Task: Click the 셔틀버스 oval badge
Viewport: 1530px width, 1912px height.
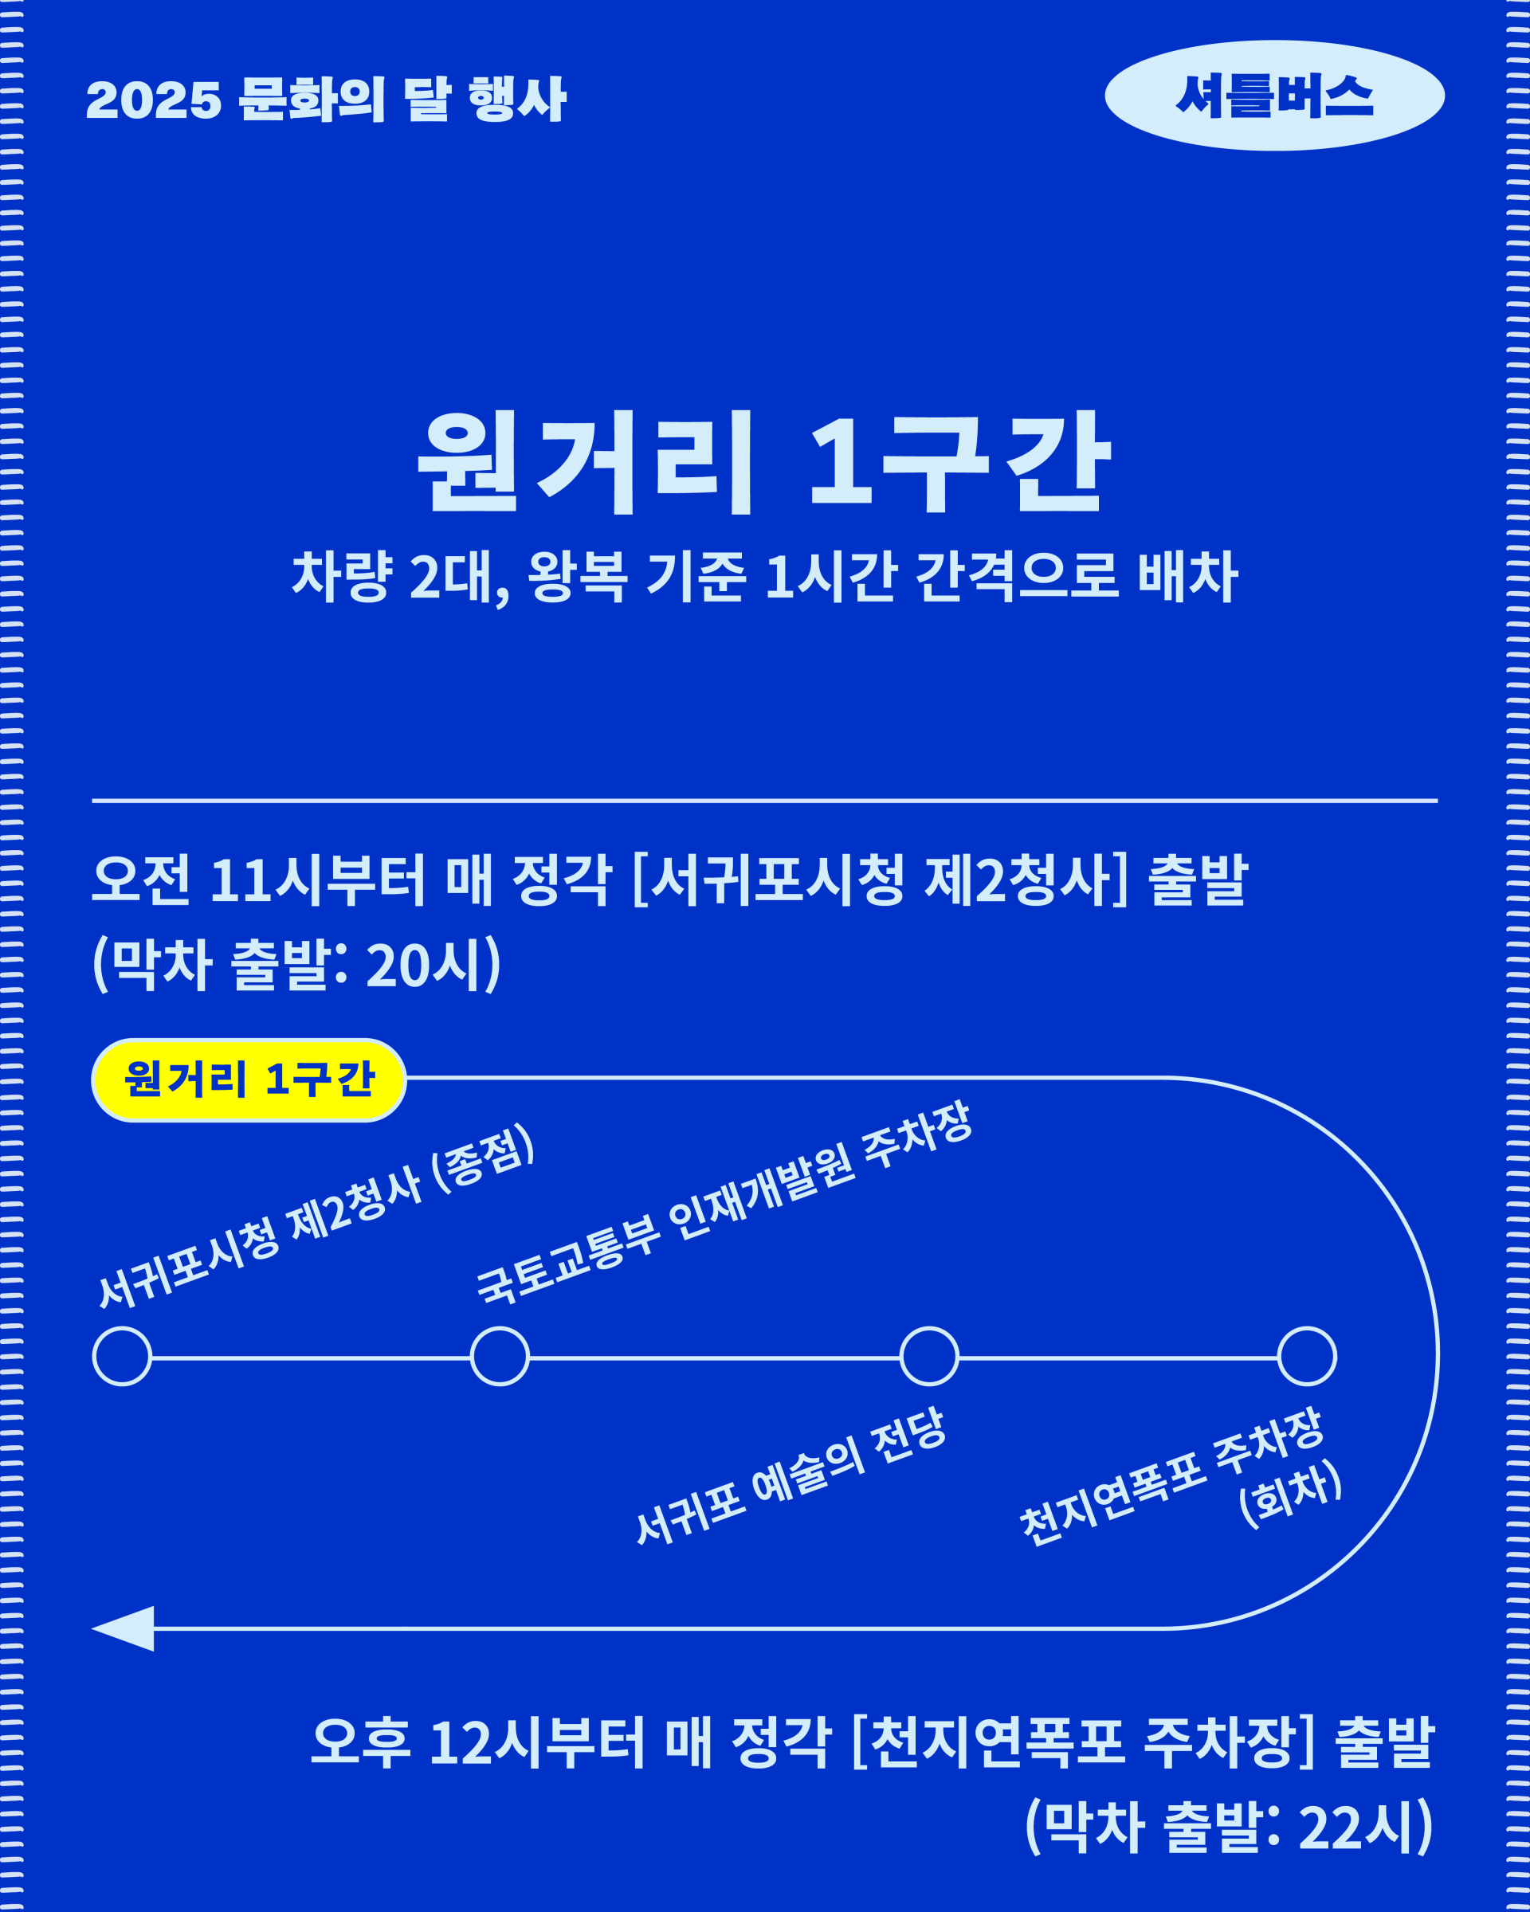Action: pyautogui.click(x=1273, y=96)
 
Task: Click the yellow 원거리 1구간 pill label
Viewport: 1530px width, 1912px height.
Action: pyautogui.click(x=249, y=1079)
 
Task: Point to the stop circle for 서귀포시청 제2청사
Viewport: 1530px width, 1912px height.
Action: pyautogui.click(x=123, y=1356)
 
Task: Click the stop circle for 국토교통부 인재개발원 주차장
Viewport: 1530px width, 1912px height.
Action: pyautogui.click(x=500, y=1356)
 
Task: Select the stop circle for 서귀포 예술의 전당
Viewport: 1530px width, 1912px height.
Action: pyautogui.click(x=929, y=1356)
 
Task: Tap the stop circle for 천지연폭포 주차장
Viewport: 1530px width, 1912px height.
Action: pyautogui.click(x=1307, y=1356)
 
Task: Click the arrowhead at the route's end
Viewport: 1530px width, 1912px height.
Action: pyautogui.click(x=124, y=1628)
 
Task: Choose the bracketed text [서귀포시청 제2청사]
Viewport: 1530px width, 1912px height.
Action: pyautogui.click(x=881, y=880)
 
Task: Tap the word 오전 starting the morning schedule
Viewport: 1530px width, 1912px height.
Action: pyautogui.click(x=141, y=880)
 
